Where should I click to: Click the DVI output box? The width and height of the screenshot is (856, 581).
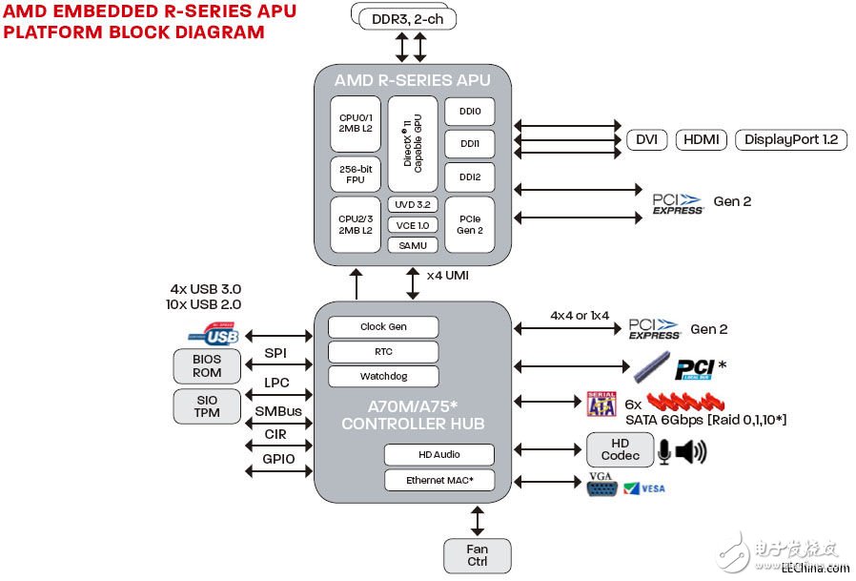(646, 139)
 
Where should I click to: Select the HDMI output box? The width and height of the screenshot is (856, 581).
(702, 139)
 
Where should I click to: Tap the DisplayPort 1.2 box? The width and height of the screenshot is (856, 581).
(790, 139)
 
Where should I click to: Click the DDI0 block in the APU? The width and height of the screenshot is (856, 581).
(469, 111)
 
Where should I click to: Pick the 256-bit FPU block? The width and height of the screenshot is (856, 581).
(355, 175)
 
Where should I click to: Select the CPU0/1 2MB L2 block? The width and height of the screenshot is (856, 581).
(355, 124)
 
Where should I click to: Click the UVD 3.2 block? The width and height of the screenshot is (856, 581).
(413, 204)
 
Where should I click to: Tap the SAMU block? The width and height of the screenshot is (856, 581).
(413, 245)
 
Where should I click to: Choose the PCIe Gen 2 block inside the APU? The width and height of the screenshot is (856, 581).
(469, 224)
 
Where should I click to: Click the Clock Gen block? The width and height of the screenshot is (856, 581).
(383, 326)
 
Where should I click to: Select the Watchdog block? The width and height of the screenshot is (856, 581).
(383, 376)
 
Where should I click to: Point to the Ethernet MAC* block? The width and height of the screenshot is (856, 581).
(439, 480)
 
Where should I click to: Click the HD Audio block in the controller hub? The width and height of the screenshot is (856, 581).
(439, 455)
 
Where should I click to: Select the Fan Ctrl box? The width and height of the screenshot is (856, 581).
(477, 555)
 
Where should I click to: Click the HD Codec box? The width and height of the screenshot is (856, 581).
(620, 449)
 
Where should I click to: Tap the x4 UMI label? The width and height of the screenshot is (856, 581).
(447, 276)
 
